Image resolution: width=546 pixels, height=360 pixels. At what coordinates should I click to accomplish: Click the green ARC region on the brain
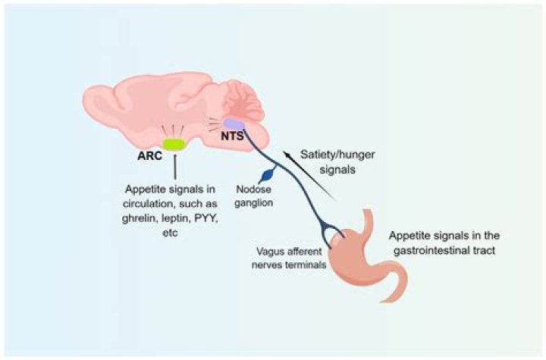pos(174,144)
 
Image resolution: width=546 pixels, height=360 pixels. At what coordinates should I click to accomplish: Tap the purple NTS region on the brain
pos(234,124)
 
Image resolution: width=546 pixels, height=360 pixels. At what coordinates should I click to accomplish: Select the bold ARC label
pos(149,155)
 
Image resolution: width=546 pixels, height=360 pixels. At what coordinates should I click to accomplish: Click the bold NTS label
pos(232,136)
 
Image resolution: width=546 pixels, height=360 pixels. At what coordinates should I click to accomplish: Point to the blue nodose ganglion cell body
pos(268,174)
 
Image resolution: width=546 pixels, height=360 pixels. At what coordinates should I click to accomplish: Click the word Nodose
pos(253,189)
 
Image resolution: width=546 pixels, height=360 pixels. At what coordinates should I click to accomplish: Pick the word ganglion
pos(253,202)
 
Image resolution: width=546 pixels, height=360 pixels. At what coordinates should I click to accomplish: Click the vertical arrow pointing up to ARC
pos(174,167)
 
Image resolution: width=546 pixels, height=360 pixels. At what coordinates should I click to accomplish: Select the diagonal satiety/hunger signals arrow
pos(309,175)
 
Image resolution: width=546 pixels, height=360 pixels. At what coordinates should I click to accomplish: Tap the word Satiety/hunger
pos(337,155)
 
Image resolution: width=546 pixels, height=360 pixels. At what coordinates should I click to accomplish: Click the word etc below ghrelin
pos(170,233)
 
